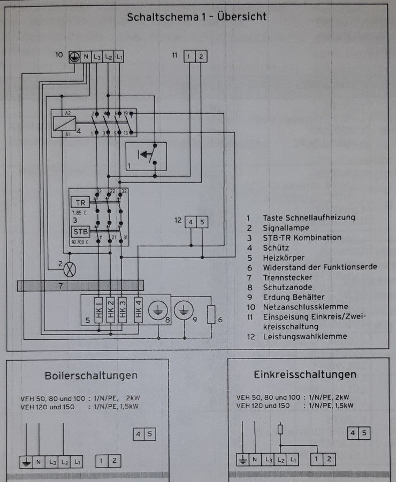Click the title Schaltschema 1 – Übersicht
click(x=196, y=17)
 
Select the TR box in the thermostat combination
click(x=80, y=203)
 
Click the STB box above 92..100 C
click(x=80, y=231)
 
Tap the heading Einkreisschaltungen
click(x=305, y=374)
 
